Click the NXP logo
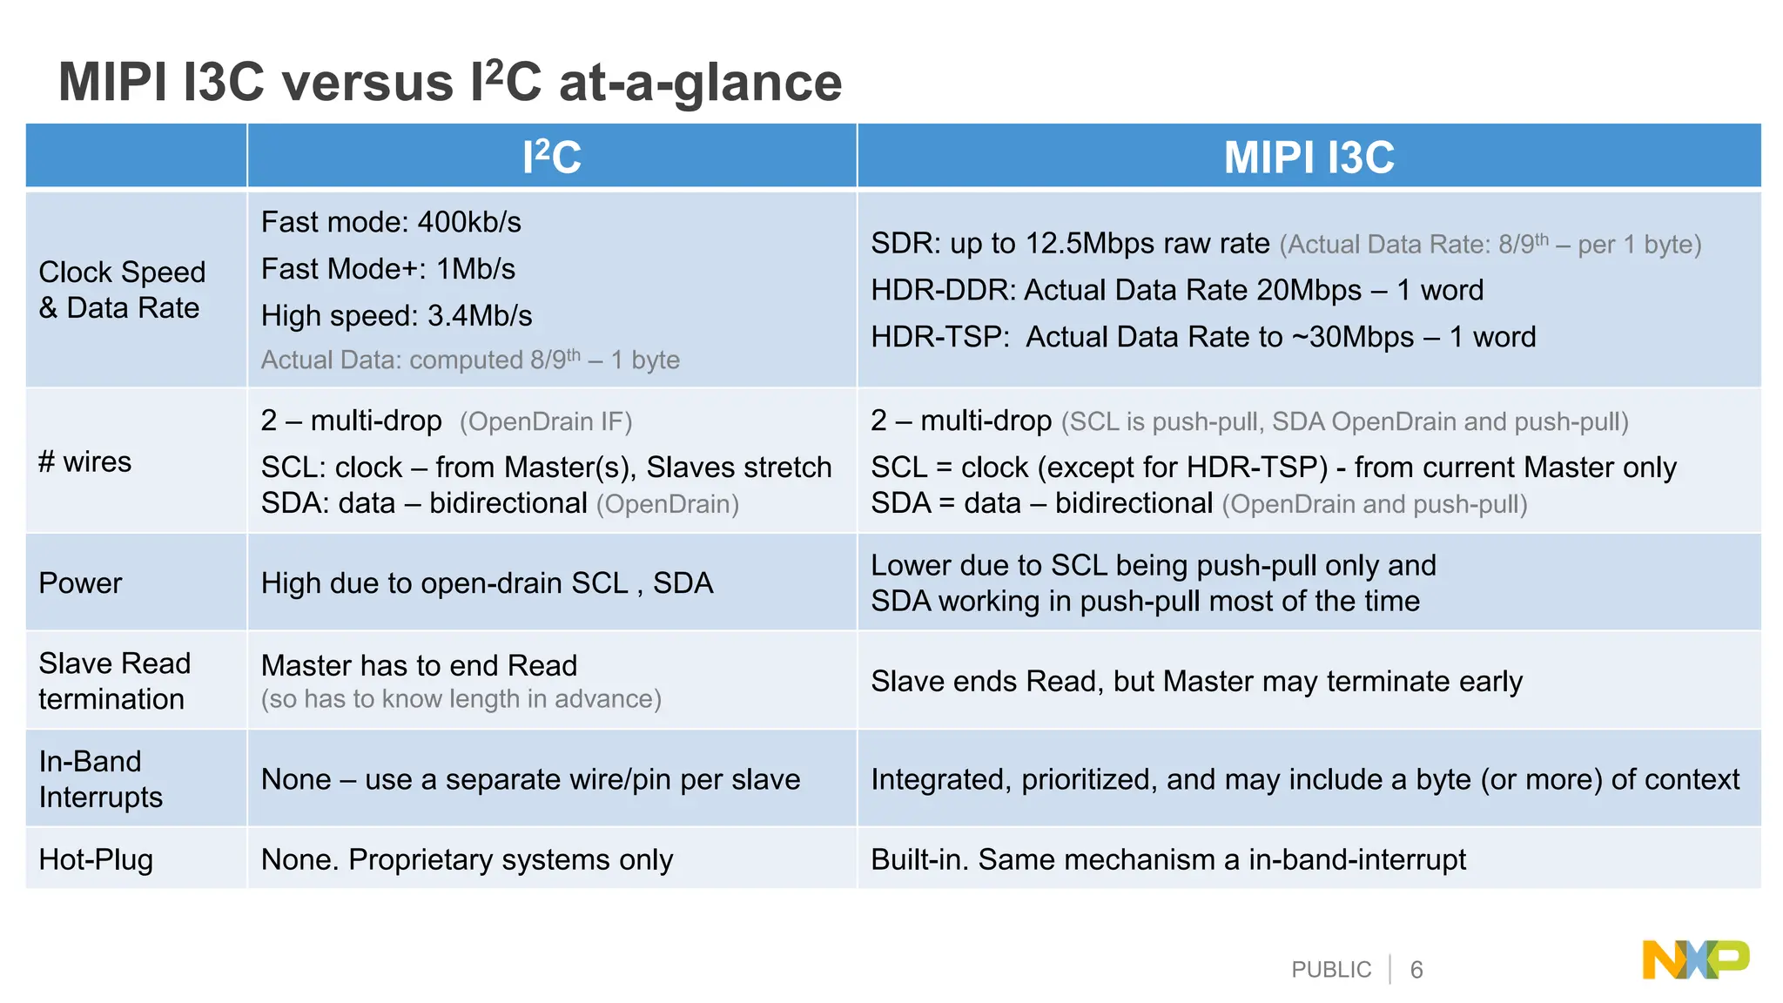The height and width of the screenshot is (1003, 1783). click(x=1695, y=960)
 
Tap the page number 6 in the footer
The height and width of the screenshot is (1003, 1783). click(x=1416, y=970)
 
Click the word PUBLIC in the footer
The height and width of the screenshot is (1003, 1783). click(x=1330, y=970)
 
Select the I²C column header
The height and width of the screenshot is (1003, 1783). click(x=552, y=158)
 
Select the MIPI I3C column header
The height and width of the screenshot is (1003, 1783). click(x=1309, y=158)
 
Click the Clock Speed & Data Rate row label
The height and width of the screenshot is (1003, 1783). click(x=122, y=290)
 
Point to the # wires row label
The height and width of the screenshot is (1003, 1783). click(x=85, y=461)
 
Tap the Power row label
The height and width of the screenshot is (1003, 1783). click(x=81, y=582)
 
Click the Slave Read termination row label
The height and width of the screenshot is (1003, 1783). click(x=114, y=681)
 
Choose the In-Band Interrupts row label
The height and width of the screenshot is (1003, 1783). click(x=100, y=779)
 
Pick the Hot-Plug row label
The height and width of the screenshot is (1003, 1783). click(x=96, y=859)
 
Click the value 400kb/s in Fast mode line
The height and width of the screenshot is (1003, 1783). click(x=469, y=222)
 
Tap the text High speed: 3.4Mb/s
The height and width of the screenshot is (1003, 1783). click(x=396, y=316)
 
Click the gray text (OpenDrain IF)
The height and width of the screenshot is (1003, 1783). click(x=546, y=422)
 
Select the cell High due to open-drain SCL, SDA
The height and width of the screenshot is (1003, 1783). click(x=487, y=583)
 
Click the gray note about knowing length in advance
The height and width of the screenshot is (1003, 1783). click(x=461, y=699)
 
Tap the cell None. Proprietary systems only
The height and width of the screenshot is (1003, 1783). click(x=467, y=860)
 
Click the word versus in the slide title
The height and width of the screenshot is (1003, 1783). click(x=367, y=83)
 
